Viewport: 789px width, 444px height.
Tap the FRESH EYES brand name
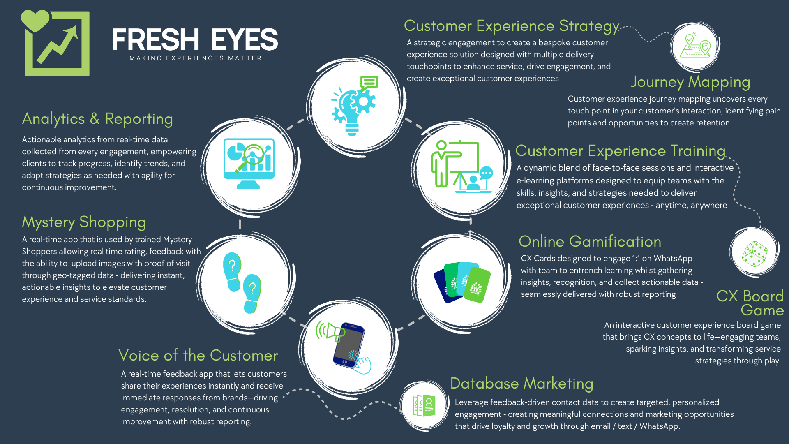[x=195, y=40]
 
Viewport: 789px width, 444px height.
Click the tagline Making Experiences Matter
[x=196, y=58]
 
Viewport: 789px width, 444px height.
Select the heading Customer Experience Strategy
[x=512, y=26]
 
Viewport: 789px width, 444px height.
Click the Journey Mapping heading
[x=690, y=82]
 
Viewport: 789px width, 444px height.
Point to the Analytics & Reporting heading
[x=97, y=119]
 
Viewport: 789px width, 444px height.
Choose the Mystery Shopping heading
[x=84, y=222]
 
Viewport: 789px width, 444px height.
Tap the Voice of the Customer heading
[x=198, y=356]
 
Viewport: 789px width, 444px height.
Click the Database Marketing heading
[x=521, y=384]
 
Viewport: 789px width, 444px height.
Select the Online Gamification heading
[x=590, y=242]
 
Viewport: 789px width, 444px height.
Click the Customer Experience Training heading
[x=620, y=151]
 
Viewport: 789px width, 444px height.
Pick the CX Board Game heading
[x=750, y=303]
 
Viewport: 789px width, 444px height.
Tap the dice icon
[x=754, y=254]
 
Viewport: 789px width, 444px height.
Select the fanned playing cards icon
[x=462, y=282]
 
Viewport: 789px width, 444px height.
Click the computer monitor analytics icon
[x=249, y=163]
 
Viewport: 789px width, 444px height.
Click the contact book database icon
[x=424, y=406]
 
